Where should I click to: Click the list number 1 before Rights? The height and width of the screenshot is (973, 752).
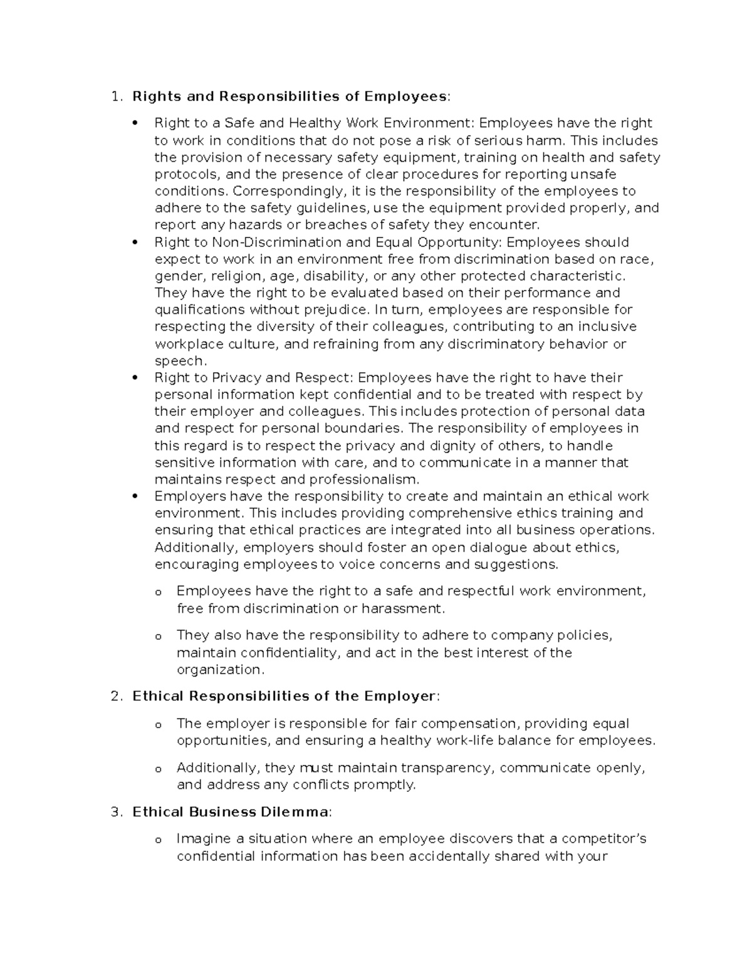click(113, 96)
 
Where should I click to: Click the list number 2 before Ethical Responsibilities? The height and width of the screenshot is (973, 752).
click(113, 696)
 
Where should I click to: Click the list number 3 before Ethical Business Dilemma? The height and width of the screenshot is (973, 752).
click(113, 812)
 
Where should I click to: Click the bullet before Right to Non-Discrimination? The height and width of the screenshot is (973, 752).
click(135, 242)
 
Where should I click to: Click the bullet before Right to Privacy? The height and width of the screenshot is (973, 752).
click(135, 378)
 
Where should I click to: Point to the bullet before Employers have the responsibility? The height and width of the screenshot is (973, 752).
click(135, 496)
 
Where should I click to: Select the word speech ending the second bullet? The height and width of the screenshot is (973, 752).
click(179, 361)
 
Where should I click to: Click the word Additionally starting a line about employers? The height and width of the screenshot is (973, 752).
click(195, 547)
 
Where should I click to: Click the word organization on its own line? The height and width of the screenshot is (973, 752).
click(218, 670)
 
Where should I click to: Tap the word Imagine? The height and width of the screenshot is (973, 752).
click(202, 838)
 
